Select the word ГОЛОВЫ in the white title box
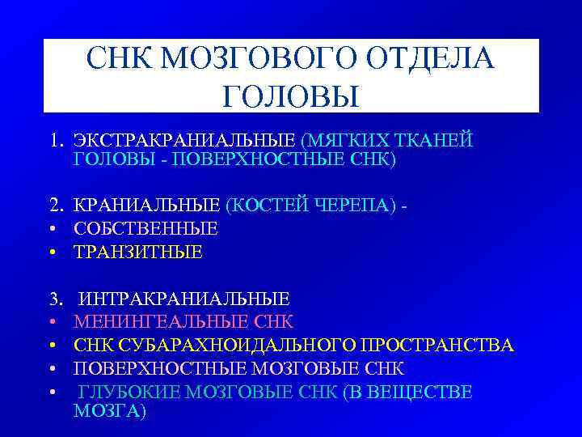pyautogui.click(x=289, y=95)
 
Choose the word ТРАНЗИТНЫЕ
pyautogui.click(x=138, y=252)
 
